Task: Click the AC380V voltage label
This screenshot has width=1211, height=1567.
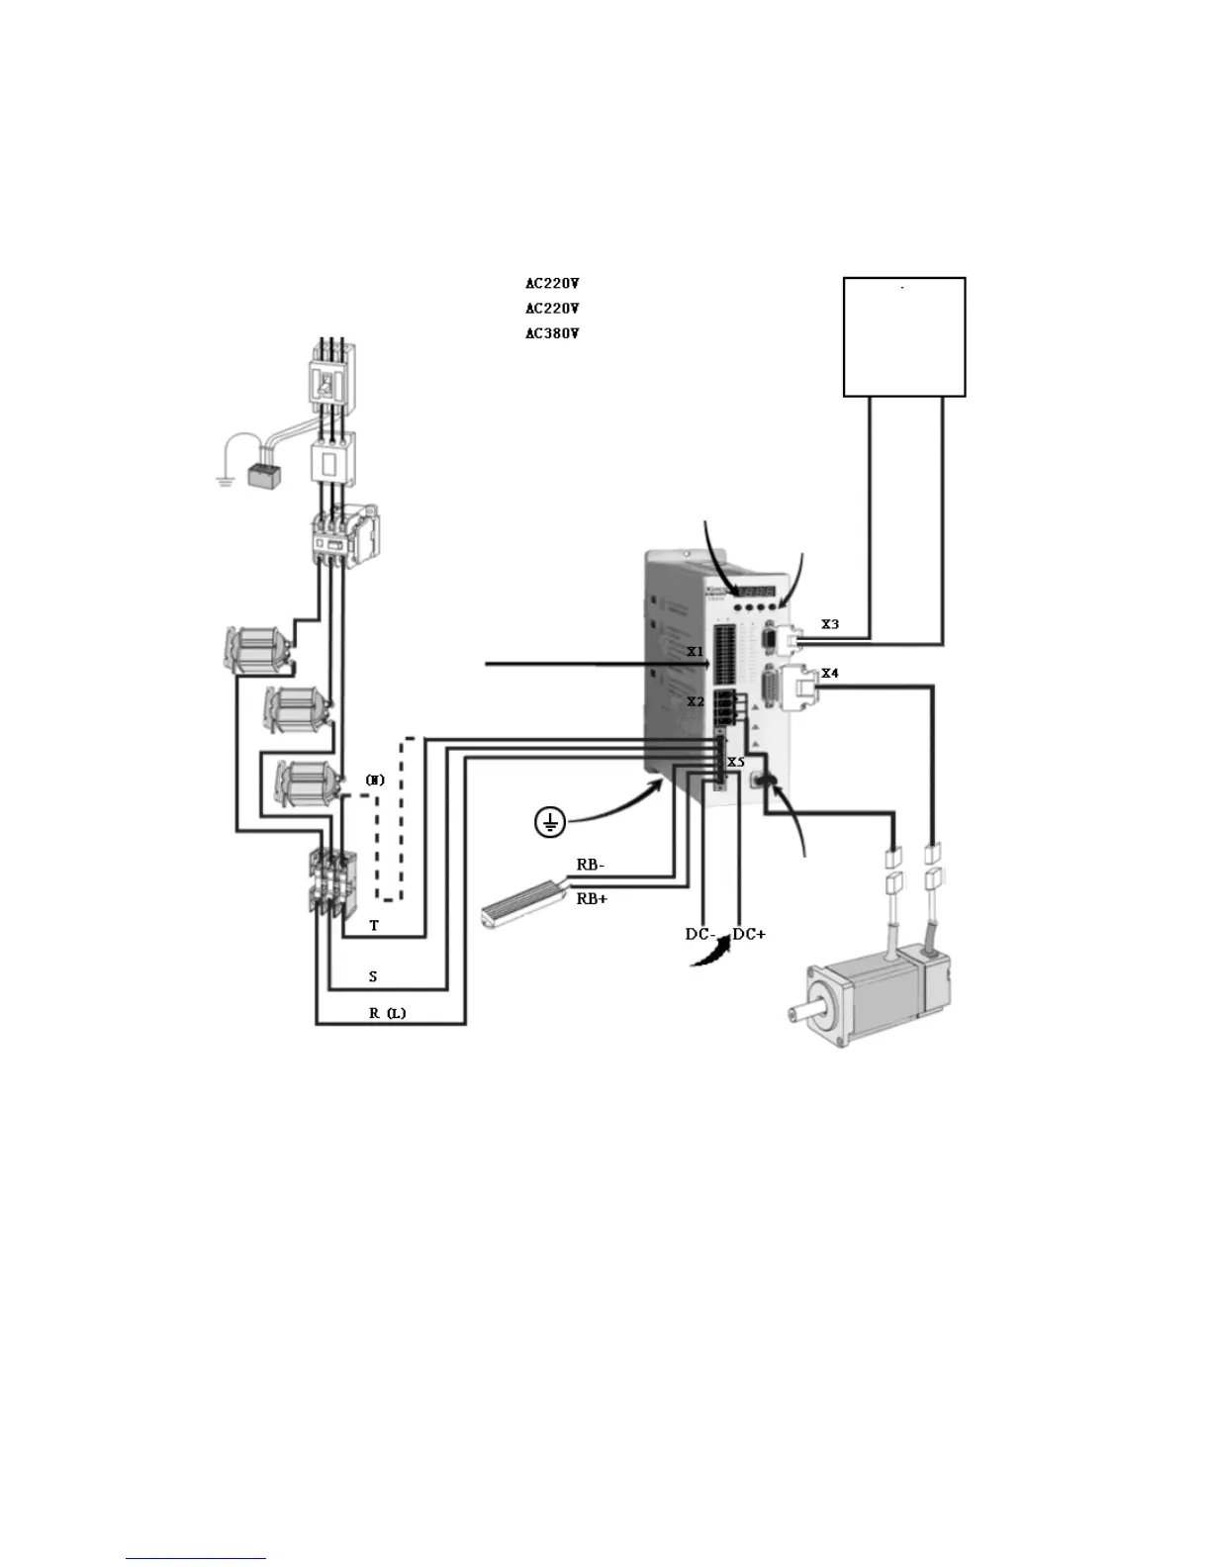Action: [x=551, y=333]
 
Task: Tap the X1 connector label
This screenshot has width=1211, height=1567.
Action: [x=696, y=652]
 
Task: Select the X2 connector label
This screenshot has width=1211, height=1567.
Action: [x=696, y=701]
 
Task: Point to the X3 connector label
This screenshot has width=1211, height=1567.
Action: [x=830, y=624]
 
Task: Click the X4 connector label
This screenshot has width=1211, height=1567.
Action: [x=830, y=674]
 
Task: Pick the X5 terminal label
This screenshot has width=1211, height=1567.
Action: [x=735, y=762]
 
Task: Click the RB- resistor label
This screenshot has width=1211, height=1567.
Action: [x=591, y=864]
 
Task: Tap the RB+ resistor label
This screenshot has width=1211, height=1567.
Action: [x=592, y=899]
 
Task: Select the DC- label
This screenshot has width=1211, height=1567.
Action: [x=700, y=934]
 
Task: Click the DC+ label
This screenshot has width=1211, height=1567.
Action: [x=749, y=934]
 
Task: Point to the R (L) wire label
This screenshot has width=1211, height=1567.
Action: [x=388, y=1013]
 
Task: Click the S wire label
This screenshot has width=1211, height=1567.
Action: [x=373, y=976]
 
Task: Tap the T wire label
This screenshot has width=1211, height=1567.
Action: [x=374, y=926]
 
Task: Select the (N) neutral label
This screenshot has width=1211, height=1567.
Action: [x=375, y=780]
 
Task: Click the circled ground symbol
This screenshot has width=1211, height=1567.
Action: [x=550, y=820]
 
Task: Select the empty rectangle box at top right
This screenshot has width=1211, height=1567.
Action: [x=903, y=336]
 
